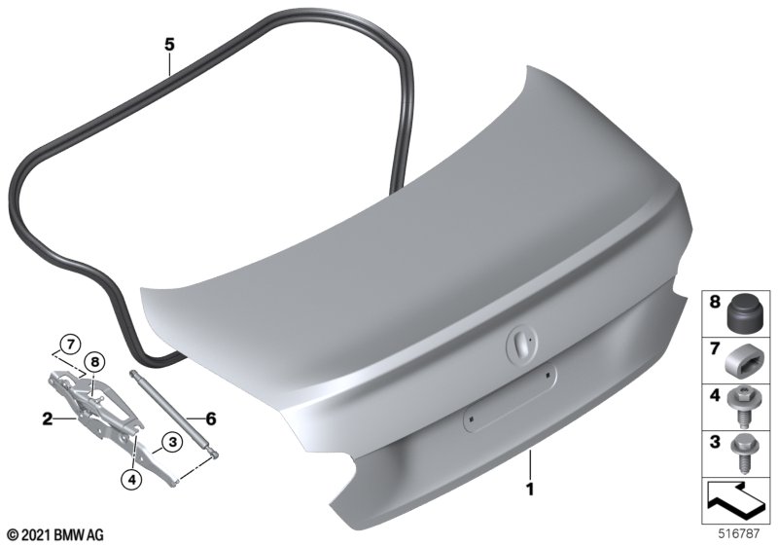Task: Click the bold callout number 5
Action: point(169,45)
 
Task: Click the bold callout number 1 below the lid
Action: point(530,490)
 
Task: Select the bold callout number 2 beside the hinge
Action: point(47,419)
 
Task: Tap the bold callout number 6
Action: point(211,418)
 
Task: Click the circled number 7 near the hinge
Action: point(70,344)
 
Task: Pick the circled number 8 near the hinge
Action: point(95,362)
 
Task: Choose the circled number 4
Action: point(131,479)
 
